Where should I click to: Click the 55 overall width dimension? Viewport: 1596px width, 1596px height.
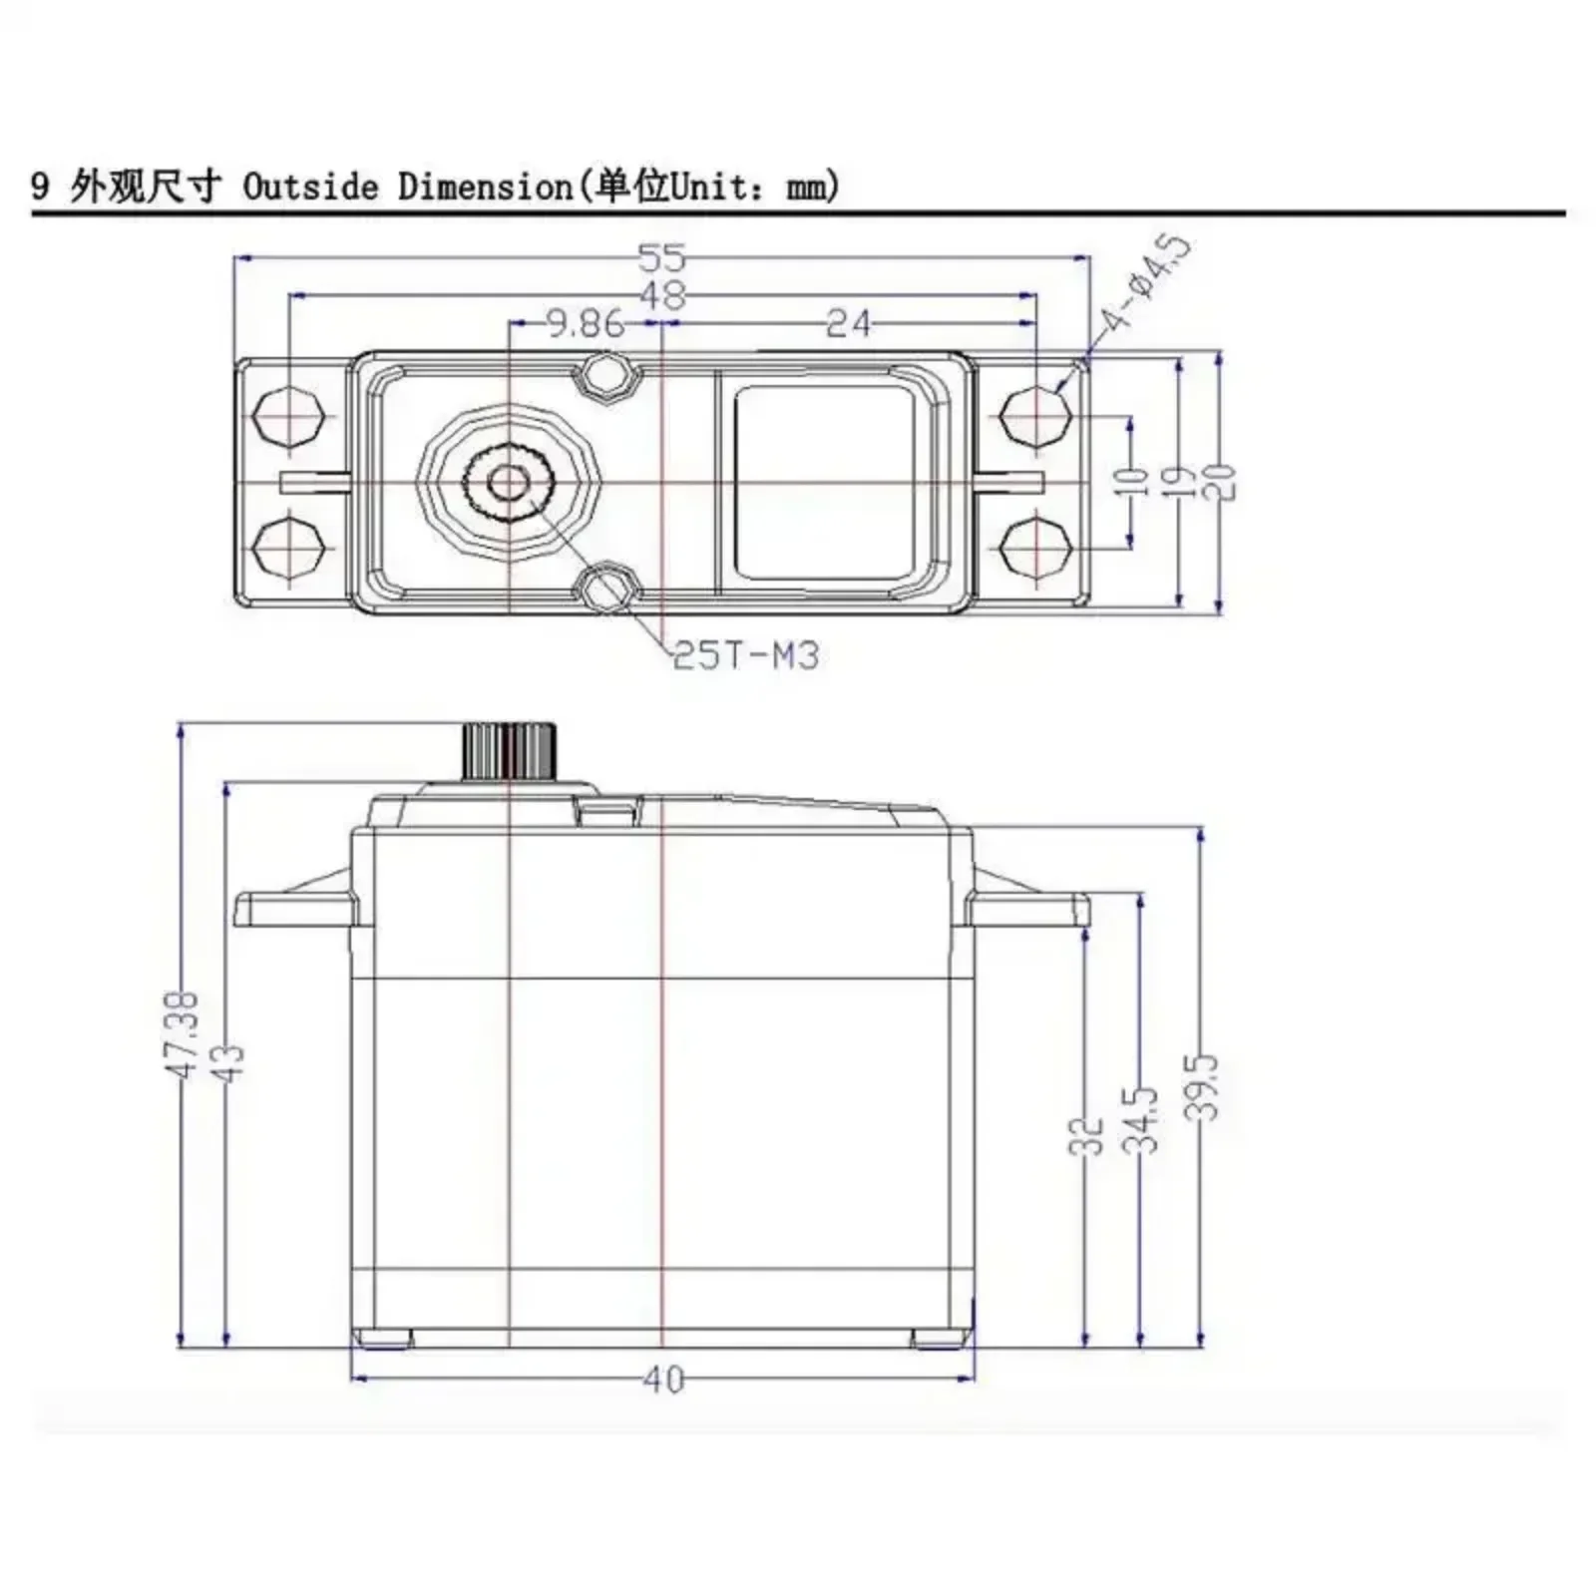[x=662, y=258]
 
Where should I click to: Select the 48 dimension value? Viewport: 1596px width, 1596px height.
[x=662, y=295]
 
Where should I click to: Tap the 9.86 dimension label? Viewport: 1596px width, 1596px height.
[x=586, y=323]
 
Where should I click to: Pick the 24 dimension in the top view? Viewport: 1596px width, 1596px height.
[x=848, y=323]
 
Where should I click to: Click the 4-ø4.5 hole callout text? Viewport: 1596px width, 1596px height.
[x=1146, y=283]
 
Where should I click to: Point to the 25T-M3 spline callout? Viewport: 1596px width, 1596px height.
[x=746, y=655]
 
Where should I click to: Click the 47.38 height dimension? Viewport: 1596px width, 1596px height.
[x=183, y=1034]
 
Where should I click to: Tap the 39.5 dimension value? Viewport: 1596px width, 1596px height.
[x=1205, y=1087]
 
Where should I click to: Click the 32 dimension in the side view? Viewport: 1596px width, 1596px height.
[x=1086, y=1136]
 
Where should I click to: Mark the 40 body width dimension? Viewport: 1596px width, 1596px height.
[x=663, y=1380]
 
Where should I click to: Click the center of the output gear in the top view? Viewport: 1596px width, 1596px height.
[x=509, y=484]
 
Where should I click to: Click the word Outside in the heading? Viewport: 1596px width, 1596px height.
[x=311, y=187]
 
